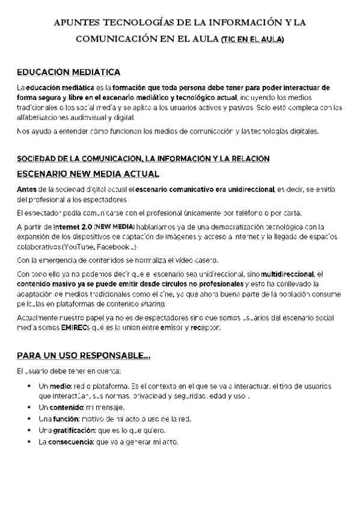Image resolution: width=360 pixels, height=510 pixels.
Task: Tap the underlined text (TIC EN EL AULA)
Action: [x=252, y=40]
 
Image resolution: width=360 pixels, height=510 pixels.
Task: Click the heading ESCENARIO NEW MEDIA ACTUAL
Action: [x=88, y=174]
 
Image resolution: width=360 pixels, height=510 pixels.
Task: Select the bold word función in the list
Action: [x=68, y=419]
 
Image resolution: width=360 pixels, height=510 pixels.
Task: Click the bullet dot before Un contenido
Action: [x=29, y=407]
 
